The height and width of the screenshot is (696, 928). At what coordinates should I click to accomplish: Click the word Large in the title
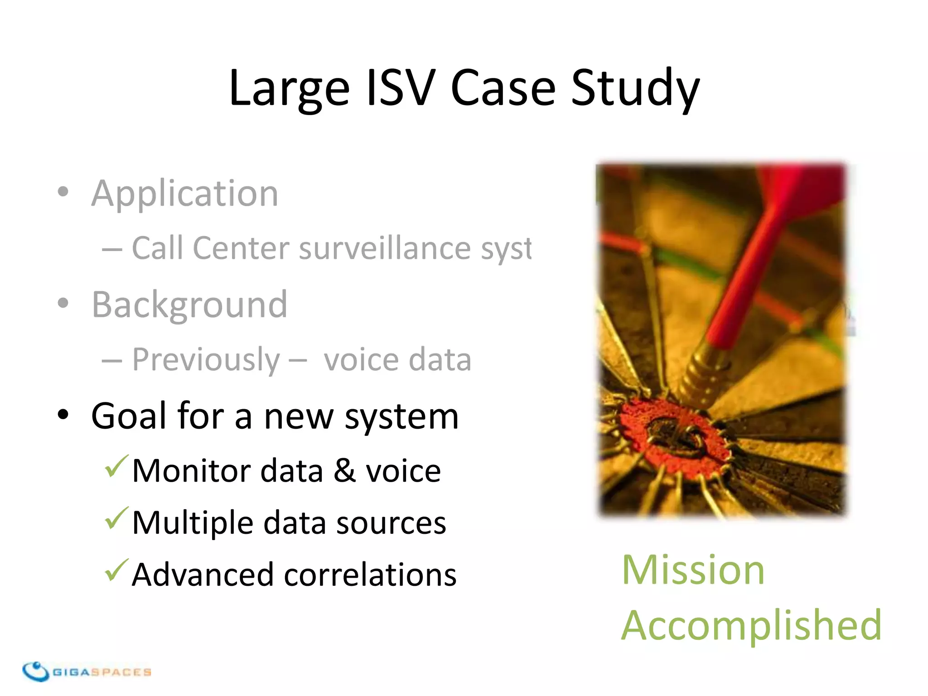point(289,88)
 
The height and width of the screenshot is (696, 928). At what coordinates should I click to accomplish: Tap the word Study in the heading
point(635,88)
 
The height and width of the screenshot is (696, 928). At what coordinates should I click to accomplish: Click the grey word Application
point(185,194)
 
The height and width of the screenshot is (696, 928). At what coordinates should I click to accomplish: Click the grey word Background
point(189,305)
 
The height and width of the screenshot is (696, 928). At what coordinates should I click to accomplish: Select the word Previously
point(206,360)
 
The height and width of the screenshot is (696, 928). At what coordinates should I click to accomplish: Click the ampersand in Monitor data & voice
point(344,471)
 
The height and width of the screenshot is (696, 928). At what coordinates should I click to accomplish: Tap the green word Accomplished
point(751,626)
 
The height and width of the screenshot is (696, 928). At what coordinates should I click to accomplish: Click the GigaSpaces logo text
point(102,672)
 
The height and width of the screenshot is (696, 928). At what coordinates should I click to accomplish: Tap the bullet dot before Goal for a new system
point(63,415)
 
